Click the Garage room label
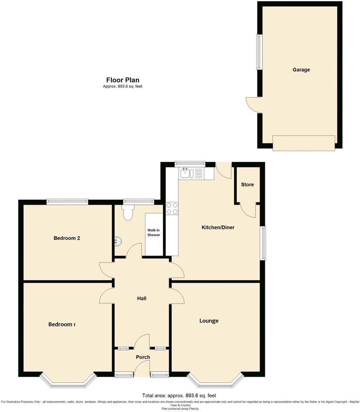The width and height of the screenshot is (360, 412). [x=301, y=70]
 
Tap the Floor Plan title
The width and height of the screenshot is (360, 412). [x=123, y=80]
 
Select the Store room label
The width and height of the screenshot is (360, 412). [x=247, y=185]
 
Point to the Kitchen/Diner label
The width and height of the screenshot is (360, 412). [x=218, y=227]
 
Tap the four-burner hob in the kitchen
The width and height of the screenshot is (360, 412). [x=172, y=209]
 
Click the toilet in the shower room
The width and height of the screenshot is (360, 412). [x=127, y=212]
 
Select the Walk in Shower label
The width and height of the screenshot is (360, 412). [x=154, y=232]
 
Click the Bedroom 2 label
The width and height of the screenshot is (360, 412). [x=67, y=238]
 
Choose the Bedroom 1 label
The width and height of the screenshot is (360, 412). [x=62, y=324]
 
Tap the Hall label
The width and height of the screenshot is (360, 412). [x=142, y=298]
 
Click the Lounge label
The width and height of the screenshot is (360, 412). [x=209, y=320]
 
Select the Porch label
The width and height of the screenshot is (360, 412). [x=143, y=357]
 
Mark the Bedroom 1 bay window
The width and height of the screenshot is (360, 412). [x=67, y=380]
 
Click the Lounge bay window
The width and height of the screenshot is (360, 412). [x=215, y=380]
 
